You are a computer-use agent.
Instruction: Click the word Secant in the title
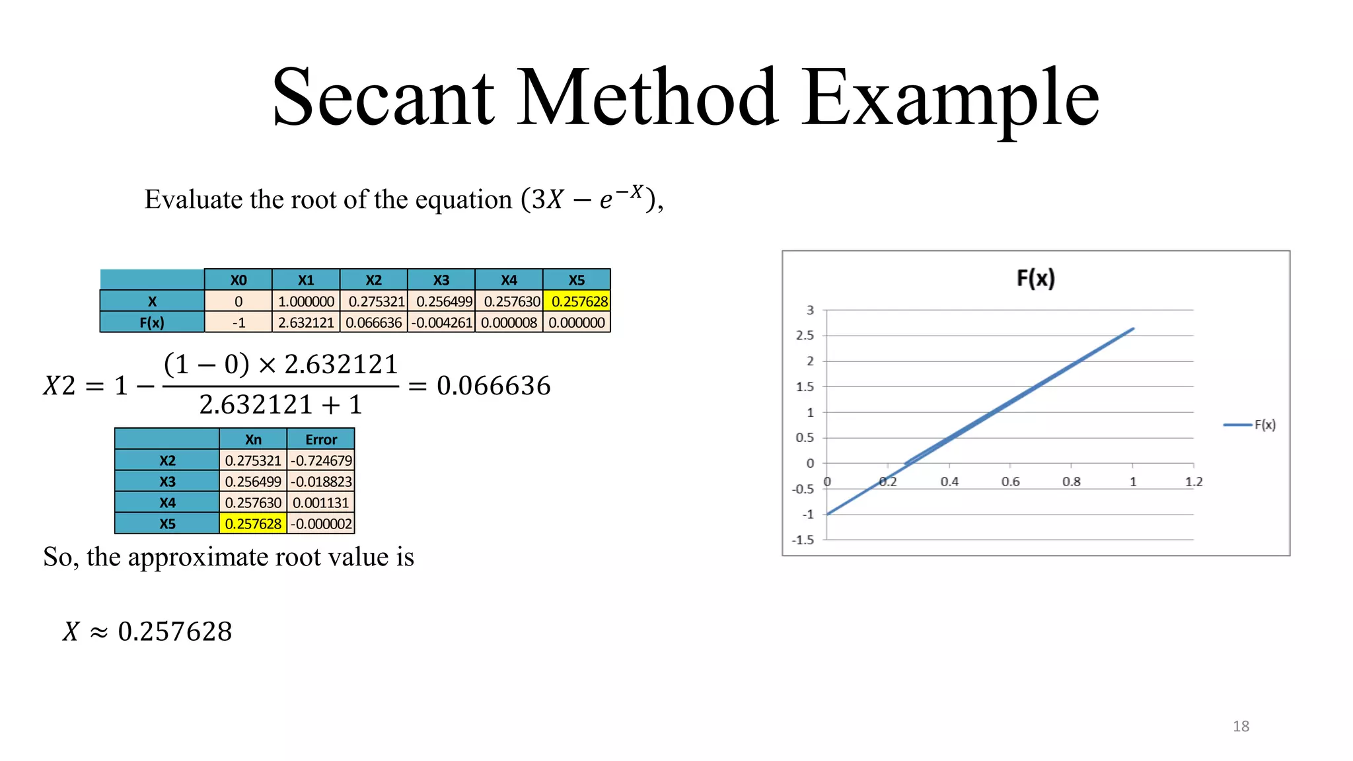(383, 98)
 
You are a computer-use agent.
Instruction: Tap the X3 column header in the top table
(441, 280)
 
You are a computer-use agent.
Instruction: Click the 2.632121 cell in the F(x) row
(306, 323)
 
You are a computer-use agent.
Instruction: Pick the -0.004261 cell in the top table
(441, 323)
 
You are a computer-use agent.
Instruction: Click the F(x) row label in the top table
(152, 323)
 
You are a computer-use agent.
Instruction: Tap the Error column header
(321, 439)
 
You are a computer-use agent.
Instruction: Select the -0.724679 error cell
(321, 460)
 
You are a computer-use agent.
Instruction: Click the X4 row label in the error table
(167, 503)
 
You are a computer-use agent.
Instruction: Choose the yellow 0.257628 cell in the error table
(253, 524)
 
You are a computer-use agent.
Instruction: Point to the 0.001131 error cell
(321, 503)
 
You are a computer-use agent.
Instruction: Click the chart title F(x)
(1035, 279)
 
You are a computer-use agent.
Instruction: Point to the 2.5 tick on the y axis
(805, 336)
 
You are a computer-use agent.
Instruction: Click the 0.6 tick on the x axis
(1010, 482)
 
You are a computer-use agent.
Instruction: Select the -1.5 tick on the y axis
(803, 540)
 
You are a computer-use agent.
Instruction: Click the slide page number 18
(1241, 727)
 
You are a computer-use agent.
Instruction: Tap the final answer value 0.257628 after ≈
(175, 632)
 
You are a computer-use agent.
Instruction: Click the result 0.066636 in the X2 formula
(494, 386)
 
